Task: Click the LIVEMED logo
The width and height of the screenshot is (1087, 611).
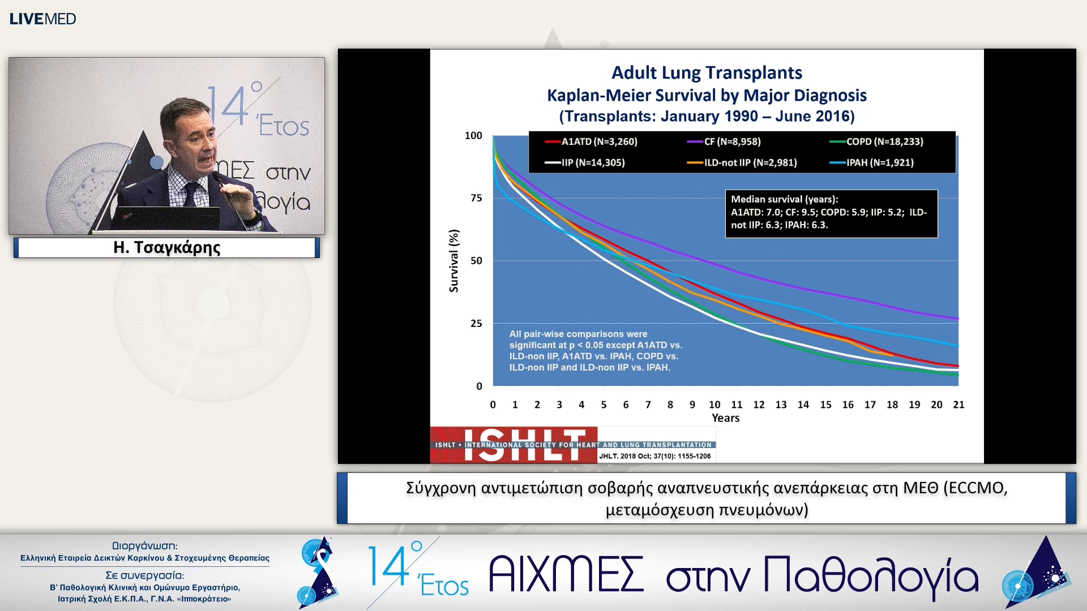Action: [42, 19]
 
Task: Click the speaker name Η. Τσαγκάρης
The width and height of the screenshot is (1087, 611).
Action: [166, 247]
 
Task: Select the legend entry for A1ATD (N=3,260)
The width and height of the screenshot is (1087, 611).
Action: [591, 141]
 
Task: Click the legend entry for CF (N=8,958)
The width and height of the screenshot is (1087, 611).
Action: [724, 141]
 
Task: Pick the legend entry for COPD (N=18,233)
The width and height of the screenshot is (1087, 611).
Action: [876, 141]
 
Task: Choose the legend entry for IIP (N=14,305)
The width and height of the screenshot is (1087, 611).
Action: [585, 162]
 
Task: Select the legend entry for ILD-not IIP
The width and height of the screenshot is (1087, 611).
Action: [742, 162]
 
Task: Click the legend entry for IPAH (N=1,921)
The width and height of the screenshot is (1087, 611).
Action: [872, 162]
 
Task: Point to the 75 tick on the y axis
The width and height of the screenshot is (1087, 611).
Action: [476, 198]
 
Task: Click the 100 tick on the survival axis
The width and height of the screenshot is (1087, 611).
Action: [473, 135]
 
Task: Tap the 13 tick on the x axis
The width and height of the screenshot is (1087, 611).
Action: [781, 405]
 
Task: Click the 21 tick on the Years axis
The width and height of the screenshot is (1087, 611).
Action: [958, 405]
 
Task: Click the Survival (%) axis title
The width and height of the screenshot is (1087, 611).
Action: [453, 261]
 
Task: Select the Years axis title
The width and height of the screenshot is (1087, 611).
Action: [725, 418]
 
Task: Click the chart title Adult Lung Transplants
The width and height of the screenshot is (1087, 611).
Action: [707, 72]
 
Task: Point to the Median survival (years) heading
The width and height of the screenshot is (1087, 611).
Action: [784, 199]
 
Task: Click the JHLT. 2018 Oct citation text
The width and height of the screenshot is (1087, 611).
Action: [654, 456]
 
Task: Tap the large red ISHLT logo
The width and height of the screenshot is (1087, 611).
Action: [513, 445]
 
